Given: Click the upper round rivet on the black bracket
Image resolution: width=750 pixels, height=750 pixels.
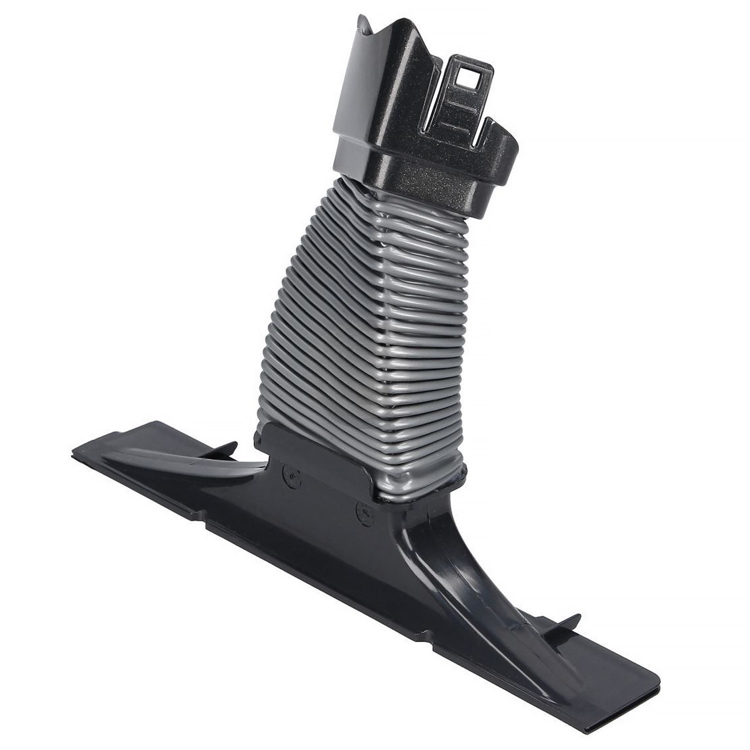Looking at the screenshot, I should [288, 471].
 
